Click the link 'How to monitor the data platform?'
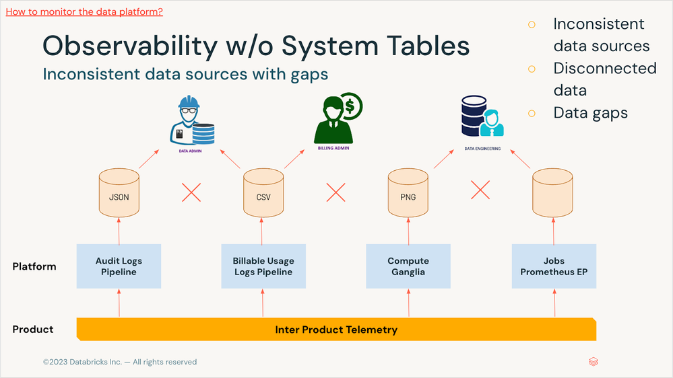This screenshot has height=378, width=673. [84, 11]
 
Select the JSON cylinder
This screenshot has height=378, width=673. [119, 193]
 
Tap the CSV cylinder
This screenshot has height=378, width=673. [263, 193]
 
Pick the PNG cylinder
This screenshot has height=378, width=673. [408, 193]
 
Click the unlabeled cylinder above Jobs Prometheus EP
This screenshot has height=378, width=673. [553, 193]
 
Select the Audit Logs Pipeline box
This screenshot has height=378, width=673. [119, 266]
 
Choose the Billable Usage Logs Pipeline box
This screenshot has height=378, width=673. [263, 266]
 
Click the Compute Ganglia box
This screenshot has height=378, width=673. [408, 266]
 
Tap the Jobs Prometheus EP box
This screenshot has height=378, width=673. [554, 266]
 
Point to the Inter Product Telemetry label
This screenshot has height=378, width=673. [336, 330]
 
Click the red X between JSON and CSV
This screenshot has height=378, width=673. [191, 192]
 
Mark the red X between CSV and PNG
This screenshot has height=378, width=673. [335, 192]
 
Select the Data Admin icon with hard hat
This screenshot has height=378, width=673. [192, 121]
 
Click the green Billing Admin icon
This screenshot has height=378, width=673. [338, 118]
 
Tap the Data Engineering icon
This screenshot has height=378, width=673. [482, 116]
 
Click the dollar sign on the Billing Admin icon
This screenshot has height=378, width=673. [350, 106]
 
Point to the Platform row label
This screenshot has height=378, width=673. [34, 266]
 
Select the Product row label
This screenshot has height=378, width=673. [33, 329]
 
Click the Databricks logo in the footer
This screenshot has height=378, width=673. [594, 362]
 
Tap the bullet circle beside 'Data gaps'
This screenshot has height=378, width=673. [532, 114]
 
